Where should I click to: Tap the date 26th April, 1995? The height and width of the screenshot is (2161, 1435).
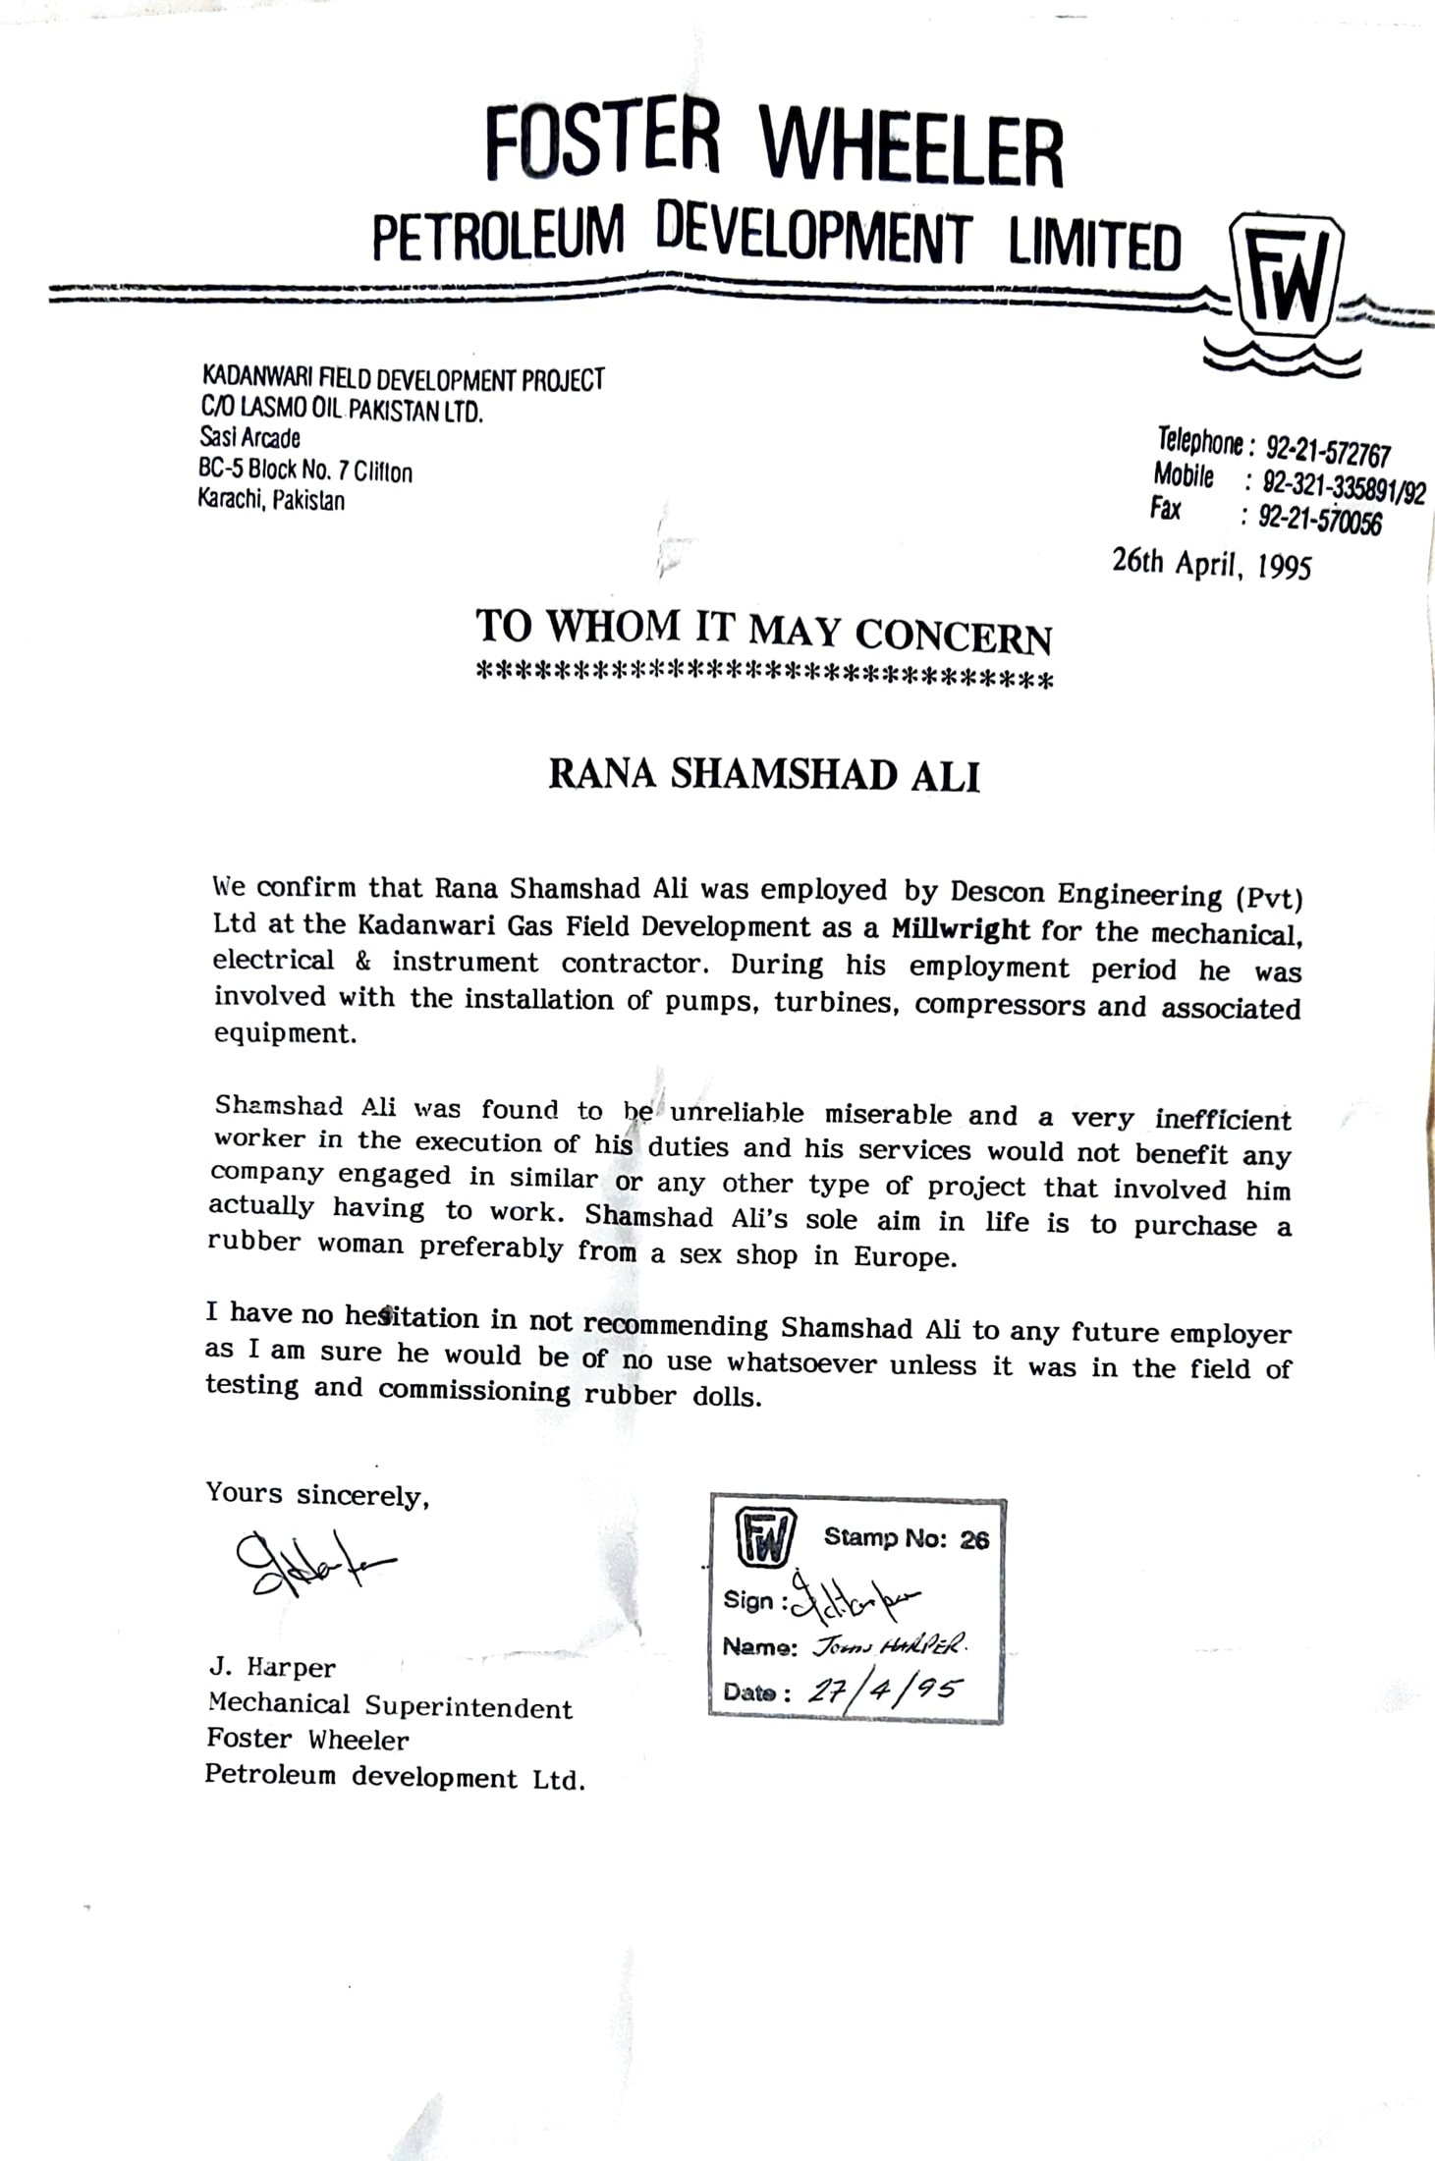1211,563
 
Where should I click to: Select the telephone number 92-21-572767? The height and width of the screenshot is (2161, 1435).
1328,452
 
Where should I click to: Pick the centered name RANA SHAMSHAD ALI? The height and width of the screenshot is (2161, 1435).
763,774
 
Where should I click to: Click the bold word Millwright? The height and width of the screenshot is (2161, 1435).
961,928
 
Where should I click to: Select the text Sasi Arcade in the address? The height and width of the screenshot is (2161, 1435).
249,438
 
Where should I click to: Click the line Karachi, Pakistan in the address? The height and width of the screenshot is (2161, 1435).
271,500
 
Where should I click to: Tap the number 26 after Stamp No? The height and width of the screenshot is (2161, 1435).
974,1539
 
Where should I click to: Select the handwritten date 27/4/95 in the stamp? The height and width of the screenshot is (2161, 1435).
884,1690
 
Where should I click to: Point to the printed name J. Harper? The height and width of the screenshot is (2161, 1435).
271,1667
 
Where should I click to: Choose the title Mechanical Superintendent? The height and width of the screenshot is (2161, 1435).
389,1706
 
